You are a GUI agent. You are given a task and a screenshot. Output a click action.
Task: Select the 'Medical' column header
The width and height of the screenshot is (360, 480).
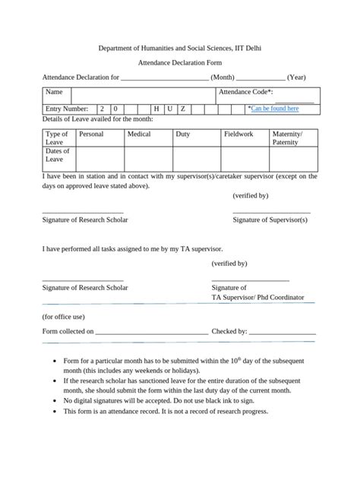click(x=139, y=134)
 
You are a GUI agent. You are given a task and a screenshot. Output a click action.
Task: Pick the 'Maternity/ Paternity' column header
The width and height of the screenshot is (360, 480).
click(x=287, y=137)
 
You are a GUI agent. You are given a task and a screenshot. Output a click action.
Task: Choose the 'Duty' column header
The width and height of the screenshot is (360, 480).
click(x=182, y=134)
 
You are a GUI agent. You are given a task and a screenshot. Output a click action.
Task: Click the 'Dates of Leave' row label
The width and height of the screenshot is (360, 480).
click(x=58, y=155)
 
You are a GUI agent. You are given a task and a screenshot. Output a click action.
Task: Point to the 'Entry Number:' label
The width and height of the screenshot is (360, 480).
click(x=67, y=109)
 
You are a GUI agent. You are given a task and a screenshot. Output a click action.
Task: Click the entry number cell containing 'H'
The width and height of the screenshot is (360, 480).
click(x=156, y=109)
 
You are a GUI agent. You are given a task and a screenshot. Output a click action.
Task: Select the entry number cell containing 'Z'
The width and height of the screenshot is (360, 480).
click(x=182, y=109)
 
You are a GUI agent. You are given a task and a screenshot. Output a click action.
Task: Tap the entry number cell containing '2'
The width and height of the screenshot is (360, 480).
click(x=102, y=109)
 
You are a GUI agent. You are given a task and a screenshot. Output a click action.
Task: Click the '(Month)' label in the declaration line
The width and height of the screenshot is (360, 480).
click(x=223, y=77)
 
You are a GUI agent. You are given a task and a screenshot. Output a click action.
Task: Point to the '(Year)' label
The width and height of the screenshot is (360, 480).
click(x=296, y=77)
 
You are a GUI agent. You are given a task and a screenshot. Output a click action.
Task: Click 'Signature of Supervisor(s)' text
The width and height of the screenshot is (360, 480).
click(x=270, y=219)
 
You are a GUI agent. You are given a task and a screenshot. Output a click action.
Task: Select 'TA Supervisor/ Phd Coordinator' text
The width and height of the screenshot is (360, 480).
click(x=257, y=297)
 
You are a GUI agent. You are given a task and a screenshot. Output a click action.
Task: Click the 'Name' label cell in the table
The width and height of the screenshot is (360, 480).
click(x=53, y=91)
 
